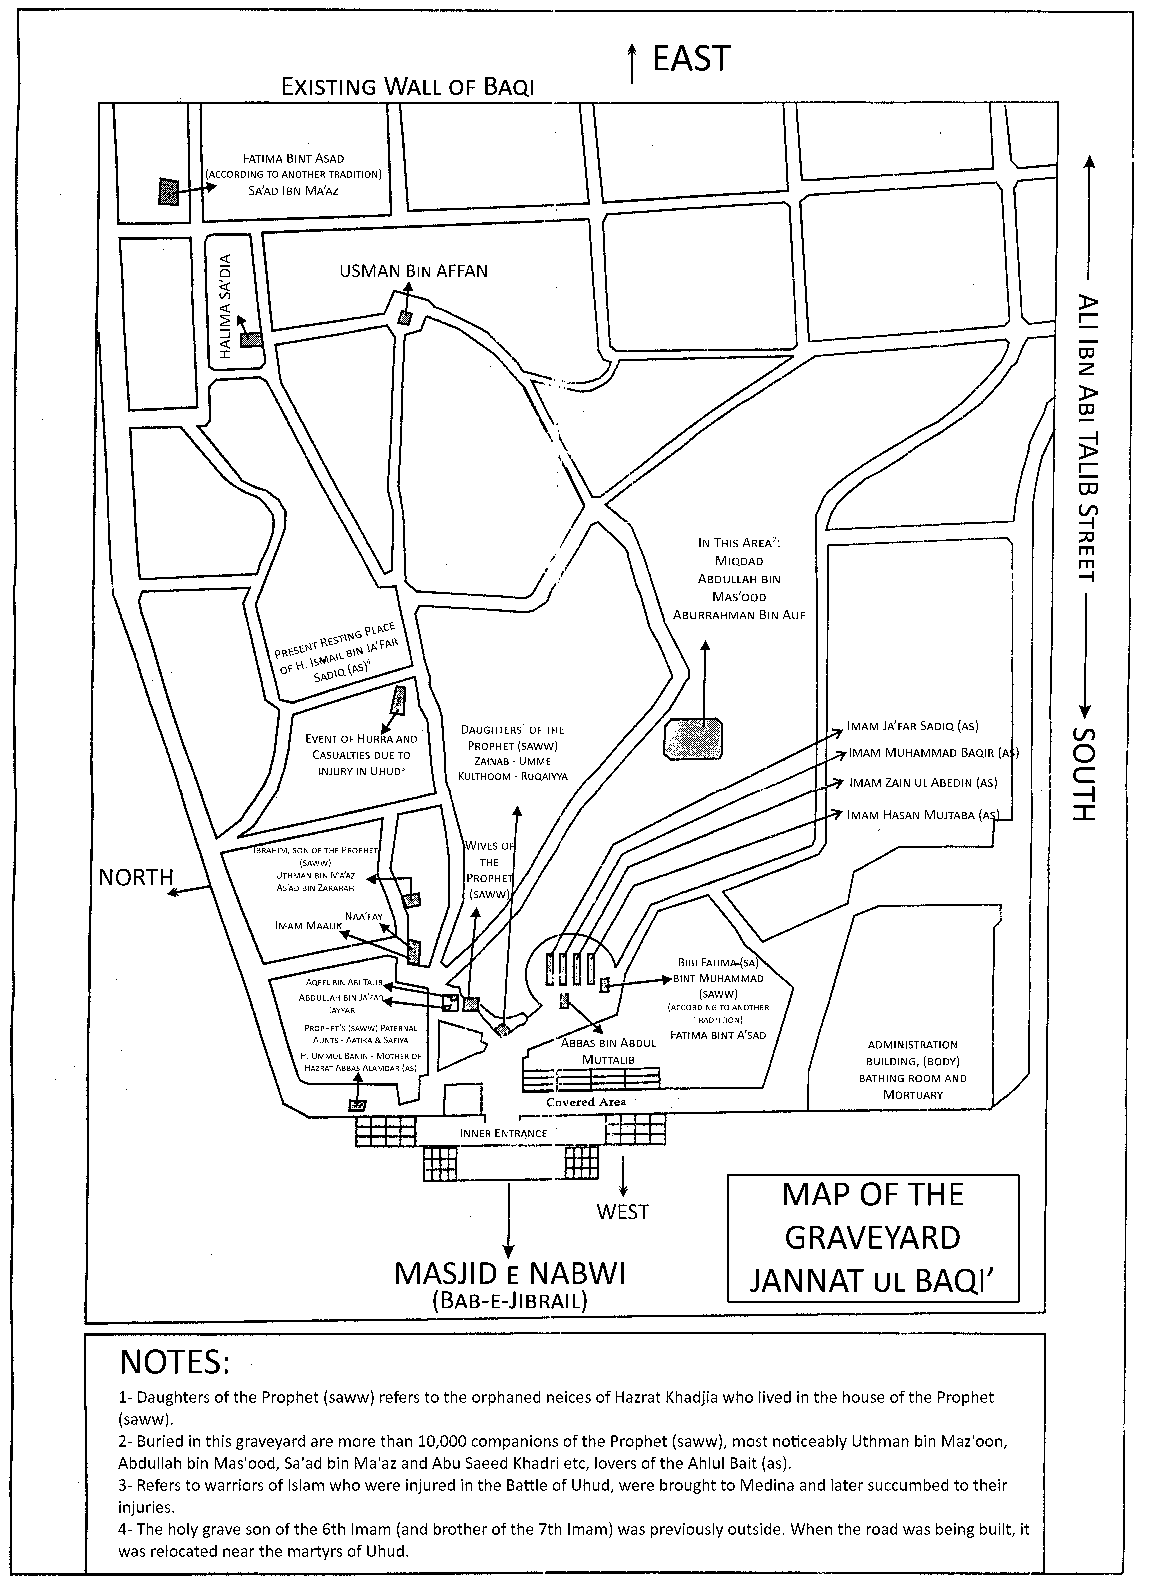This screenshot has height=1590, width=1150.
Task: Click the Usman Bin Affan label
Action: coord(413,271)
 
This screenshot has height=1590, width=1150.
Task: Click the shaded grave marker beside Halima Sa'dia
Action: coord(251,340)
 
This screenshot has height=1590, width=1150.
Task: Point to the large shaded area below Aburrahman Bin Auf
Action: coord(694,738)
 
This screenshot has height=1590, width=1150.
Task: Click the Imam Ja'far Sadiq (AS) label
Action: coord(913,726)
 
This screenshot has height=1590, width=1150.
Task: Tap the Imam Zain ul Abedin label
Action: coord(923,783)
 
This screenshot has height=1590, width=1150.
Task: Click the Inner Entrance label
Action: coord(503,1133)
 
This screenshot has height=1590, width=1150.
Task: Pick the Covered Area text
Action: coord(586,1102)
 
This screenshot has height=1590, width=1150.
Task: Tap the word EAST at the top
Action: coord(691,59)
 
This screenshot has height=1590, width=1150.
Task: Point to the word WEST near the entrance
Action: coord(622,1212)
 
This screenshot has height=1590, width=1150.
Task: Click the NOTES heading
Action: coord(175,1362)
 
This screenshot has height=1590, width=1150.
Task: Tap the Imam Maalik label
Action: coord(308,926)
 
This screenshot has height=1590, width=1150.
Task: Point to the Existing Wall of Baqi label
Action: coord(408,87)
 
